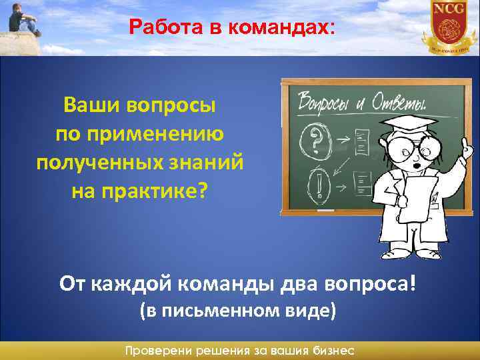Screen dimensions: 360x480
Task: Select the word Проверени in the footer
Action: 157,351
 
